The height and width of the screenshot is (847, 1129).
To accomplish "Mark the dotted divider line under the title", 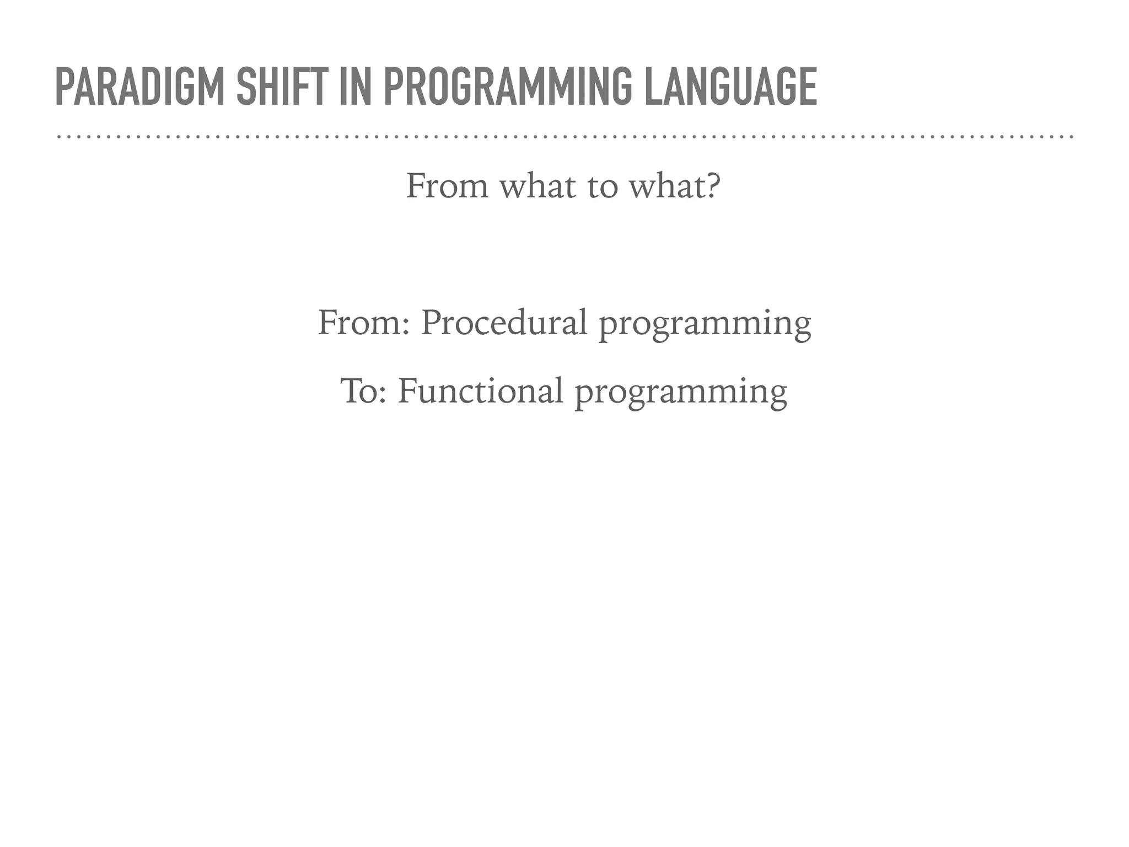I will tap(564, 136).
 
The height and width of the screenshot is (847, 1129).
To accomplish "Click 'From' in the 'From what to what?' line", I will tap(447, 186).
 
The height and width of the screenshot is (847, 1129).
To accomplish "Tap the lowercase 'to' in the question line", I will tap(602, 186).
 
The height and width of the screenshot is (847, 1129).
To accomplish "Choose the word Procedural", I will tap(504, 323).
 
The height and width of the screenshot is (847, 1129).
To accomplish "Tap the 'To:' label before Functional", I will tap(363, 391).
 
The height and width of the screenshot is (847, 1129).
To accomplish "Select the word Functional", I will tap(480, 391).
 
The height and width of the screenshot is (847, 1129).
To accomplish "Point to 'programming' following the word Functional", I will tap(681, 393).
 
